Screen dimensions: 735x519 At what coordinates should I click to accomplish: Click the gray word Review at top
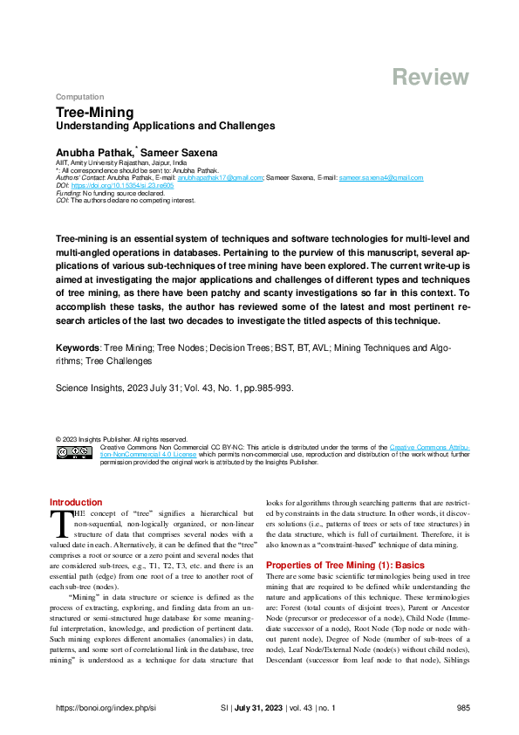431,77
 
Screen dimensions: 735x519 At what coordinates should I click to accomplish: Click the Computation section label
79,97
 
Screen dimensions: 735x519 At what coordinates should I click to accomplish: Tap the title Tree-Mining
95,113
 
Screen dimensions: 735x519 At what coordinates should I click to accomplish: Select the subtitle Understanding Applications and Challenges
165,126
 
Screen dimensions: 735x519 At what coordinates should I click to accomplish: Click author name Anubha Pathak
94,153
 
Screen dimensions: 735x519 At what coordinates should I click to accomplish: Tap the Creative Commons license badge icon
75,452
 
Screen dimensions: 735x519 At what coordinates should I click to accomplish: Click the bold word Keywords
78,347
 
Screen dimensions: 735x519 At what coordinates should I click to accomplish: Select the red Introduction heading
76,503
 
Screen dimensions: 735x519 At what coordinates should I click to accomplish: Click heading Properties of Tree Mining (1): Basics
345,541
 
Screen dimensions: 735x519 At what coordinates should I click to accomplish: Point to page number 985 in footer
463,709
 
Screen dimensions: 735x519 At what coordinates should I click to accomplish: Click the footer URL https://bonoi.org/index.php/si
106,709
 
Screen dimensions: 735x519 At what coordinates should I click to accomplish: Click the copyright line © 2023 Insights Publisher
120,439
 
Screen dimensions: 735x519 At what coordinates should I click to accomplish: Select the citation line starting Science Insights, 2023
174,389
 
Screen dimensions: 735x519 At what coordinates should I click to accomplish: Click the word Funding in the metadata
68,193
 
